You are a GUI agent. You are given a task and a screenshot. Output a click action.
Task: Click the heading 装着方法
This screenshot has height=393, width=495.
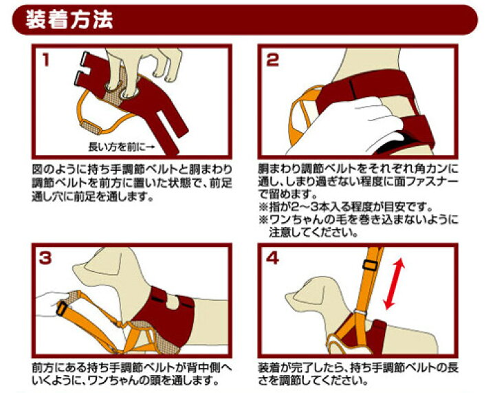click(x=69, y=19)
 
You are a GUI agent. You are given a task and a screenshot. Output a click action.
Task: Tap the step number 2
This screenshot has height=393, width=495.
click(x=273, y=60)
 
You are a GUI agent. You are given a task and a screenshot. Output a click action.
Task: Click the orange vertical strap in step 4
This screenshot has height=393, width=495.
click(x=371, y=275)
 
